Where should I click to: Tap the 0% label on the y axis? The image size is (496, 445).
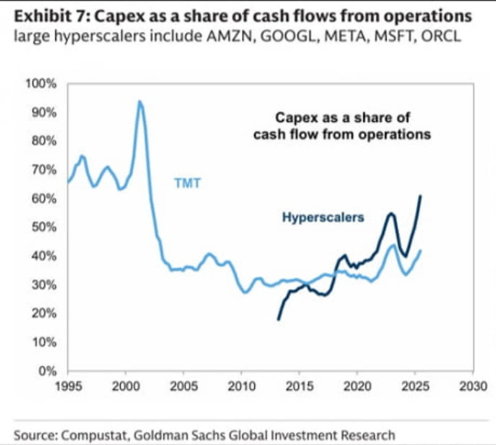click(48, 371)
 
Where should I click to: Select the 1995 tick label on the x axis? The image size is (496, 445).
click(68, 384)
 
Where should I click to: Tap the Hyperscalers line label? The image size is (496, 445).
click(322, 218)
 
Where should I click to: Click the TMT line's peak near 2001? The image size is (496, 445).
click(140, 101)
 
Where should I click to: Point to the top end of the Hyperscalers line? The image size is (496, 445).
click(421, 196)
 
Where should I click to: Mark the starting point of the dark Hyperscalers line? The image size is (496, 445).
click(278, 319)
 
